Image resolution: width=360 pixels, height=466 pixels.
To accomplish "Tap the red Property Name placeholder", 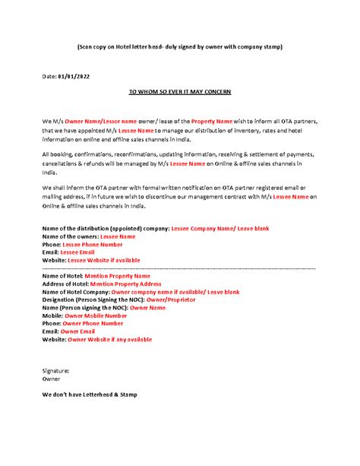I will tap(216, 121).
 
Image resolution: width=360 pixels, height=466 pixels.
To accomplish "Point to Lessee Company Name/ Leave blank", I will tap(219, 228).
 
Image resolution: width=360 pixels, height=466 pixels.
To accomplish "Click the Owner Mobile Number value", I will tap(96, 315).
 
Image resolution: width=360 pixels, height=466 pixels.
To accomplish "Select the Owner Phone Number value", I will tap(94, 323).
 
